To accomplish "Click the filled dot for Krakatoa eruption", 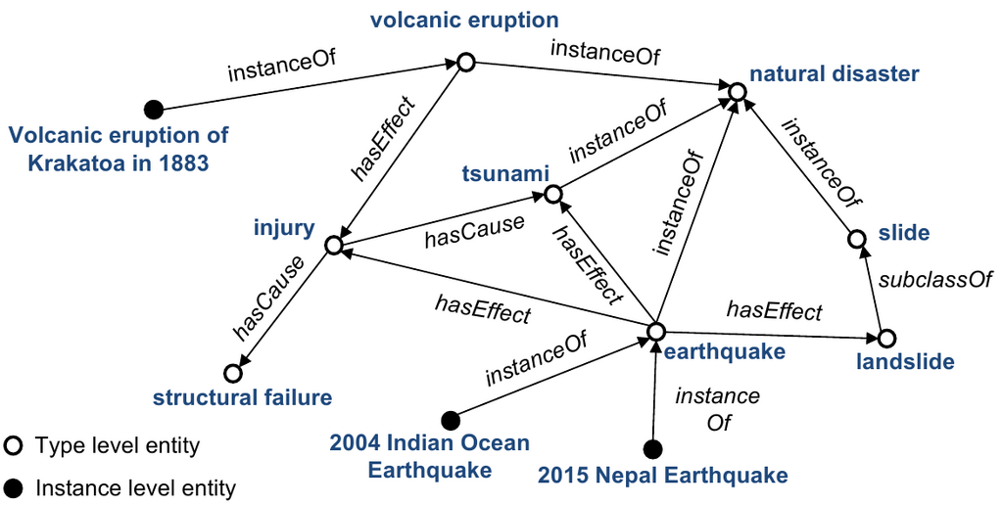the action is pos(153,110).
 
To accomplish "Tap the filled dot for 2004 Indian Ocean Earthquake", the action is pos(451,421).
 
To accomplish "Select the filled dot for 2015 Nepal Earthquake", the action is pos(652,449).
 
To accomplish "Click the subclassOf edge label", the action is pos(935,280).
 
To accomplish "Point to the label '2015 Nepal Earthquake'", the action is pos(663,476).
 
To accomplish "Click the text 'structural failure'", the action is pos(243,397).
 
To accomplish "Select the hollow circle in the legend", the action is pos(13,445).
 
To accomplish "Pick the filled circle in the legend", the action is pos(13,489).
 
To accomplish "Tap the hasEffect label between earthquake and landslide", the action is pos(774,311).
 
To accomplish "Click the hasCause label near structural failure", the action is pos(267,298).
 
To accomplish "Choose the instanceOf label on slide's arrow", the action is pos(819,164).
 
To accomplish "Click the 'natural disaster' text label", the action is pos(835,74).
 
